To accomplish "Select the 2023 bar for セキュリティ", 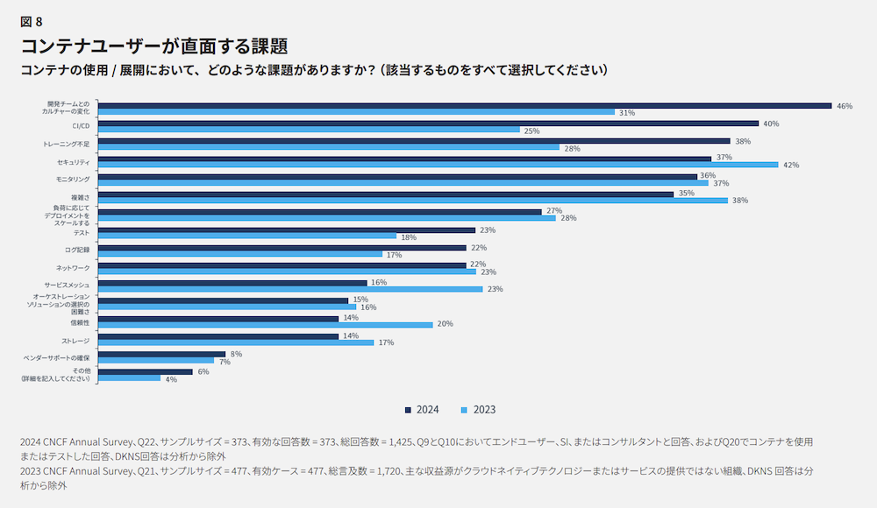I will [438, 165].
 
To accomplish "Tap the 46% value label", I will [845, 106].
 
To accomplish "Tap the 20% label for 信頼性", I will [445, 324].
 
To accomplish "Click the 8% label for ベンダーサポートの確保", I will [236, 354].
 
